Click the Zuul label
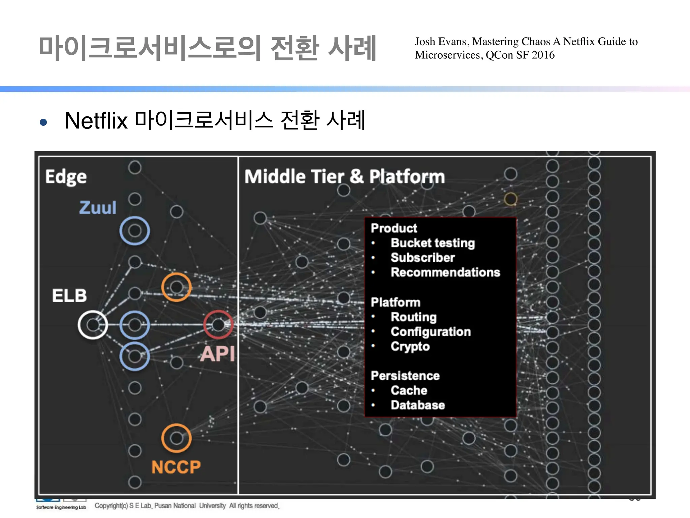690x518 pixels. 98,207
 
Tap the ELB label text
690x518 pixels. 69,295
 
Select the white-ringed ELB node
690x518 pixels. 93,325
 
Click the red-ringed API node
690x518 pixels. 218,325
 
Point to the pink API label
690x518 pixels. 218,354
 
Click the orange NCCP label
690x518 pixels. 176,467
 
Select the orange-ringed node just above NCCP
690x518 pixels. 176,438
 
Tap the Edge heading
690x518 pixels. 66,177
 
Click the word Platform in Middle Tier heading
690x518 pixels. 407,176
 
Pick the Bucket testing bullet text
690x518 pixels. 433,243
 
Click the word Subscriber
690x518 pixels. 422,258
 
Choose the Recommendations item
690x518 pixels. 445,272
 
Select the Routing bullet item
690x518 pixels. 413,317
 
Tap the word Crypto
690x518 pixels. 410,346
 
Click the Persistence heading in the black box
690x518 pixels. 405,376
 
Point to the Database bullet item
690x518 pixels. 417,405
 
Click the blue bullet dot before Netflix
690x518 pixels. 43,122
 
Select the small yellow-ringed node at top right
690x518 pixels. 510,199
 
